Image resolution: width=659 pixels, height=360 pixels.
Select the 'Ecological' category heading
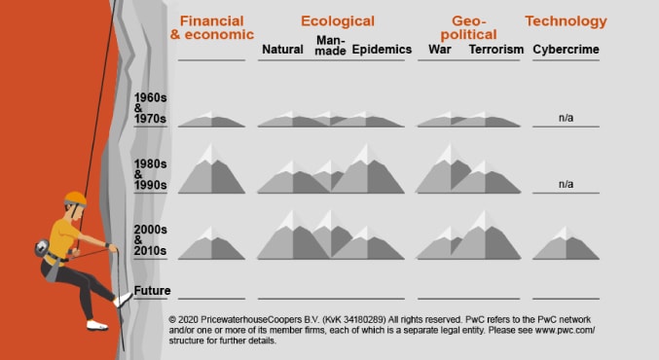[x=337, y=21]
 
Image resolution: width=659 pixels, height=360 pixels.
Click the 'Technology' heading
[x=566, y=21]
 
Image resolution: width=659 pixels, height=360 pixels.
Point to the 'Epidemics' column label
[x=382, y=50]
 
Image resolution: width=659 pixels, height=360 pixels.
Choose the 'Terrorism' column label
[x=496, y=50]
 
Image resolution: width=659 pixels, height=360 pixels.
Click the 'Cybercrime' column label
[x=567, y=50]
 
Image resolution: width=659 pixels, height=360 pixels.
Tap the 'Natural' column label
[x=283, y=50]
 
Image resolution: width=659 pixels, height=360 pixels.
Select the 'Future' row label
[x=152, y=291]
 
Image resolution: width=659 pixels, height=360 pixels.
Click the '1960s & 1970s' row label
[x=152, y=108]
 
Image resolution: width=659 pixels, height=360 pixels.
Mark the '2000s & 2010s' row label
[x=152, y=240]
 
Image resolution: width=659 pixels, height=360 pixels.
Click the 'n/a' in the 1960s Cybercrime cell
[x=567, y=118]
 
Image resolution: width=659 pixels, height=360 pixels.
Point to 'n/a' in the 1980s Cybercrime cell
[x=567, y=183]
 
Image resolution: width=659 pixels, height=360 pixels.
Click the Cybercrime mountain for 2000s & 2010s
[x=566, y=244]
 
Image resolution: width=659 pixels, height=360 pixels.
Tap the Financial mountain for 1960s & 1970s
[x=211, y=121]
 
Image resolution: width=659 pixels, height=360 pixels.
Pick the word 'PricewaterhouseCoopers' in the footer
[x=255, y=319]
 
